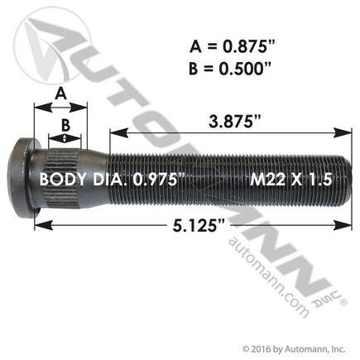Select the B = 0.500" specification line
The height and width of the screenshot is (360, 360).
click(229, 69)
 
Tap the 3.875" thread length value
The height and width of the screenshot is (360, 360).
click(231, 122)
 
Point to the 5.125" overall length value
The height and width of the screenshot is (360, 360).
click(198, 227)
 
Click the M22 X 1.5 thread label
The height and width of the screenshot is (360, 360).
click(290, 180)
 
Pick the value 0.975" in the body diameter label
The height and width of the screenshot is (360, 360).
click(159, 180)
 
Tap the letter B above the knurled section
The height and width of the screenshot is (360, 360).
click(65, 126)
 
